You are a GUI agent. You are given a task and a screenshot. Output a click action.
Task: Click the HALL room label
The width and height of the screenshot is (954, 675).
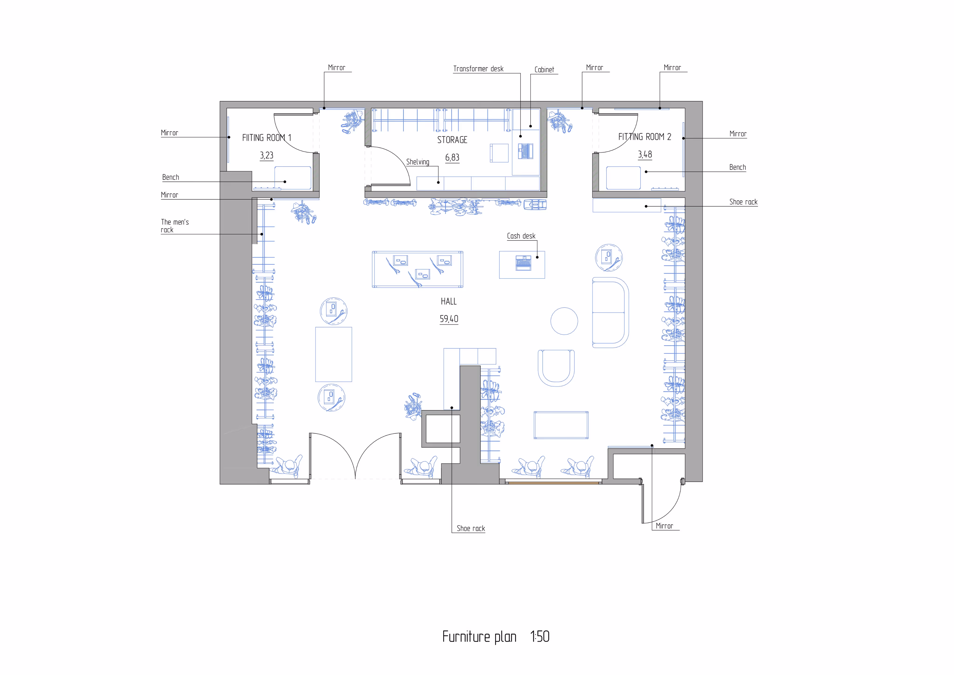pyautogui.click(x=449, y=302)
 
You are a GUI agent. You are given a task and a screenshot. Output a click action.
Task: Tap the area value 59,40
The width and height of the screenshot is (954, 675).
pyautogui.click(x=449, y=319)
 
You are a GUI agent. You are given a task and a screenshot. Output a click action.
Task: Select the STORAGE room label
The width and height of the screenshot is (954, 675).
pyautogui.click(x=452, y=140)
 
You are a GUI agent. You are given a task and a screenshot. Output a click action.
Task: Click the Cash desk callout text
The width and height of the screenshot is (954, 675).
pyautogui.click(x=521, y=236)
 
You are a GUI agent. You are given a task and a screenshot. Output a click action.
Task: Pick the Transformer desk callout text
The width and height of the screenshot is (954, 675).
pyautogui.click(x=478, y=69)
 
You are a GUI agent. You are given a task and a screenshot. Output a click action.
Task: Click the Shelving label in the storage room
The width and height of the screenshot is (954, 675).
pyautogui.click(x=418, y=162)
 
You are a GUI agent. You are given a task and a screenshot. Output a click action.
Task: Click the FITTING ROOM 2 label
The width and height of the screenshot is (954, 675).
pyautogui.click(x=644, y=137)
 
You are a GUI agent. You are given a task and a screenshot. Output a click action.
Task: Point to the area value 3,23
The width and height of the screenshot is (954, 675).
pyautogui.click(x=267, y=155)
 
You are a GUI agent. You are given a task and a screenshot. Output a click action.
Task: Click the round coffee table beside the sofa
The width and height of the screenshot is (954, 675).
pyautogui.click(x=564, y=321)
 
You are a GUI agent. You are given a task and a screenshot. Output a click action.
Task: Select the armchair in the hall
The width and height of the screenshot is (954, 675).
pyautogui.click(x=556, y=368)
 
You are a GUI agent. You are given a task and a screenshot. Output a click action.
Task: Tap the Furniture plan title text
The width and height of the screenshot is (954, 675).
pyautogui.click(x=479, y=637)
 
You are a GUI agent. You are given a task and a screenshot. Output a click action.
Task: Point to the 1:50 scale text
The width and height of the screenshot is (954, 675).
pyautogui.click(x=540, y=636)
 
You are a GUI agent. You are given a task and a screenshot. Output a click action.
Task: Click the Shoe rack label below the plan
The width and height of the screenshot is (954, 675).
pyautogui.click(x=471, y=528)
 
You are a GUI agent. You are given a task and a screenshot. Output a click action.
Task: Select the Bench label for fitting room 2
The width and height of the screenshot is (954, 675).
pyautogui.click(x=738, y=167)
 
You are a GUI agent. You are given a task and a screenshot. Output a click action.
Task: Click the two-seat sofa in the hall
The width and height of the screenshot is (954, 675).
pyautogui.click(x=610, y=312)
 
